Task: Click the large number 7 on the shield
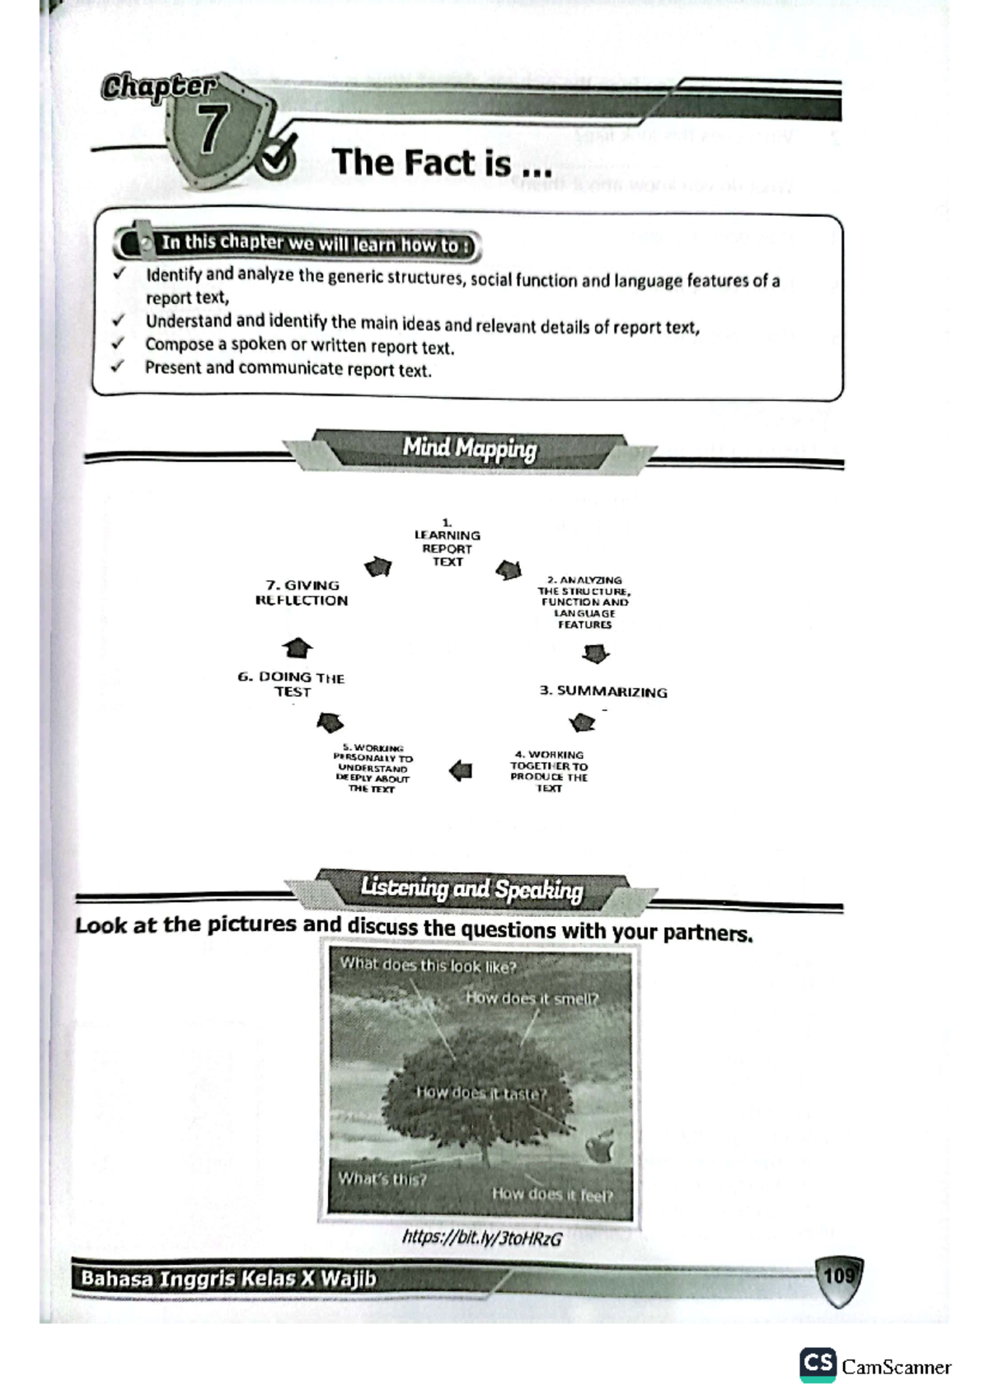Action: [212, 130]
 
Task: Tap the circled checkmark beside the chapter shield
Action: [275, 157]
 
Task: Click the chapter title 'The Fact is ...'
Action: [442, 162]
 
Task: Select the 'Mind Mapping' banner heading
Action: [470, 449]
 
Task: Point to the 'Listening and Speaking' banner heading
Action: [471, 888]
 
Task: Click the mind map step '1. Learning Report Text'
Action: [448, 544]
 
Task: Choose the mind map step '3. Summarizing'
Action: [603, 691]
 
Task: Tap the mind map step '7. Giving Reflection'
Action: [302, 593]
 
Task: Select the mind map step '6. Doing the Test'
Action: [292, 685]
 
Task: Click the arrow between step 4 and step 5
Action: [462, 771]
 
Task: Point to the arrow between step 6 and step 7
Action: [297, 648]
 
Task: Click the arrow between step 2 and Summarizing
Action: [595, 654]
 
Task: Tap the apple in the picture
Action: [600, 1146]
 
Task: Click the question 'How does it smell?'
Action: [532, 999]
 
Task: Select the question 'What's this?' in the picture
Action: [382, 1179]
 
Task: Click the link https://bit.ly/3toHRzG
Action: [482, 1238]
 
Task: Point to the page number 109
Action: [839, 1276]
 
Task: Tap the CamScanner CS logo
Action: [818, 1364]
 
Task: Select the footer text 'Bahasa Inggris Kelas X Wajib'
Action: [228, 1279]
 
